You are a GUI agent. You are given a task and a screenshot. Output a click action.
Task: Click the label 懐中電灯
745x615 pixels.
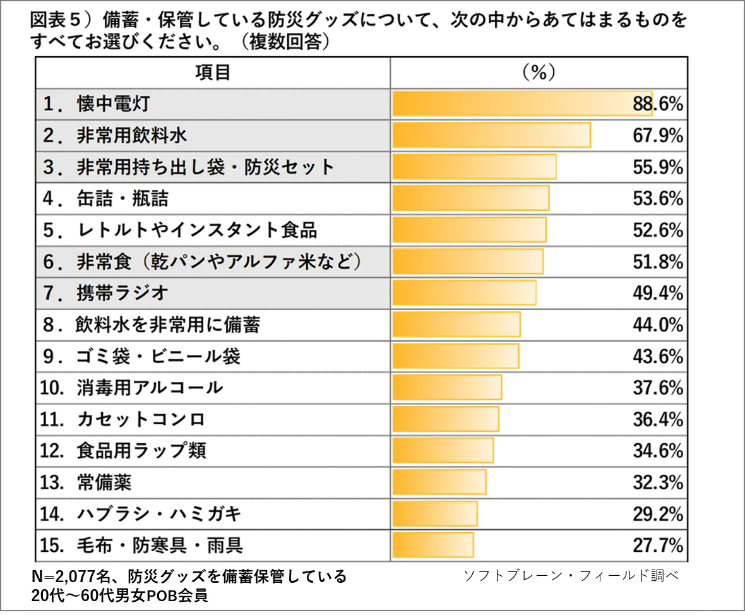pyautogui.click(x=113, y=104)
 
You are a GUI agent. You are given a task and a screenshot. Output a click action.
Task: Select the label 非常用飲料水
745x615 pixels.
pyautogui.click(x=132, y=136)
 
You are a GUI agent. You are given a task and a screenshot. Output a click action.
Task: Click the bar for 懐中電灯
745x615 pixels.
pyautogui.click(x=523, y=104)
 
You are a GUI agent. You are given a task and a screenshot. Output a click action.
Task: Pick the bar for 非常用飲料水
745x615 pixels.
pyautogui.click(x=491, y=136)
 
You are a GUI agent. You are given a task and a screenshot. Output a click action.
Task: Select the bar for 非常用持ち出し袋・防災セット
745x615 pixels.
pyautogui.click(x=474, y=167)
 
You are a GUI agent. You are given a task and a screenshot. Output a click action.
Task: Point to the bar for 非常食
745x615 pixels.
pyautogui.click(x=467, y=261)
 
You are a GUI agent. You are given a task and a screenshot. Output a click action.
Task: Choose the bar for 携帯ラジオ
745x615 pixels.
pyautogui.click(x=464, y=293)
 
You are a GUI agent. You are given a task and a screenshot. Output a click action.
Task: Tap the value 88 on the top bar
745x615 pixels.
pyautogui.click(x=642, y=104)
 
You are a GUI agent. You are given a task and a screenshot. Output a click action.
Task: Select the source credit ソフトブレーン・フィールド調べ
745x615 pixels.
pyautogui.click(x=571, y=576)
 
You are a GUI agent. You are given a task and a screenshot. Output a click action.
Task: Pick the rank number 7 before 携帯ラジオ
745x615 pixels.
pyautogui.click(x=49, y=294)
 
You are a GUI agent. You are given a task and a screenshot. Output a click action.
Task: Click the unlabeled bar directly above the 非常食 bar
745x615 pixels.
pyautogui.click(x=469, y=230)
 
